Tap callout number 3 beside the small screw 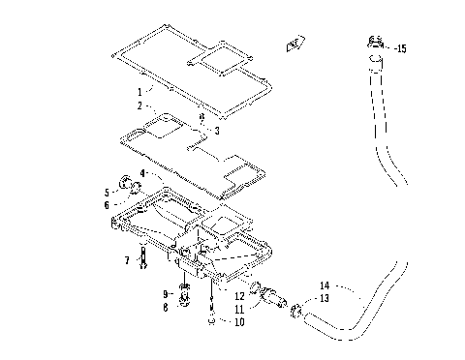[x=216, y=131]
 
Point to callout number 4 [x=142, y=173]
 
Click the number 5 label [x=107, y=192]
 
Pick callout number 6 [x=107, y=204]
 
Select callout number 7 [x=127, y=260]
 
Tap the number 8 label [x=165, y=306]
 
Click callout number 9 [x=165, y=292]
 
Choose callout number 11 [x=238, y=308]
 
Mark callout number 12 [x=238, y=294]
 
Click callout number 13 [x=325, y=299]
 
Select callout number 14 [x=325, y=285]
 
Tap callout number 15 [x=402, y=47]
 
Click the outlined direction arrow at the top [x=290, y=44]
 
